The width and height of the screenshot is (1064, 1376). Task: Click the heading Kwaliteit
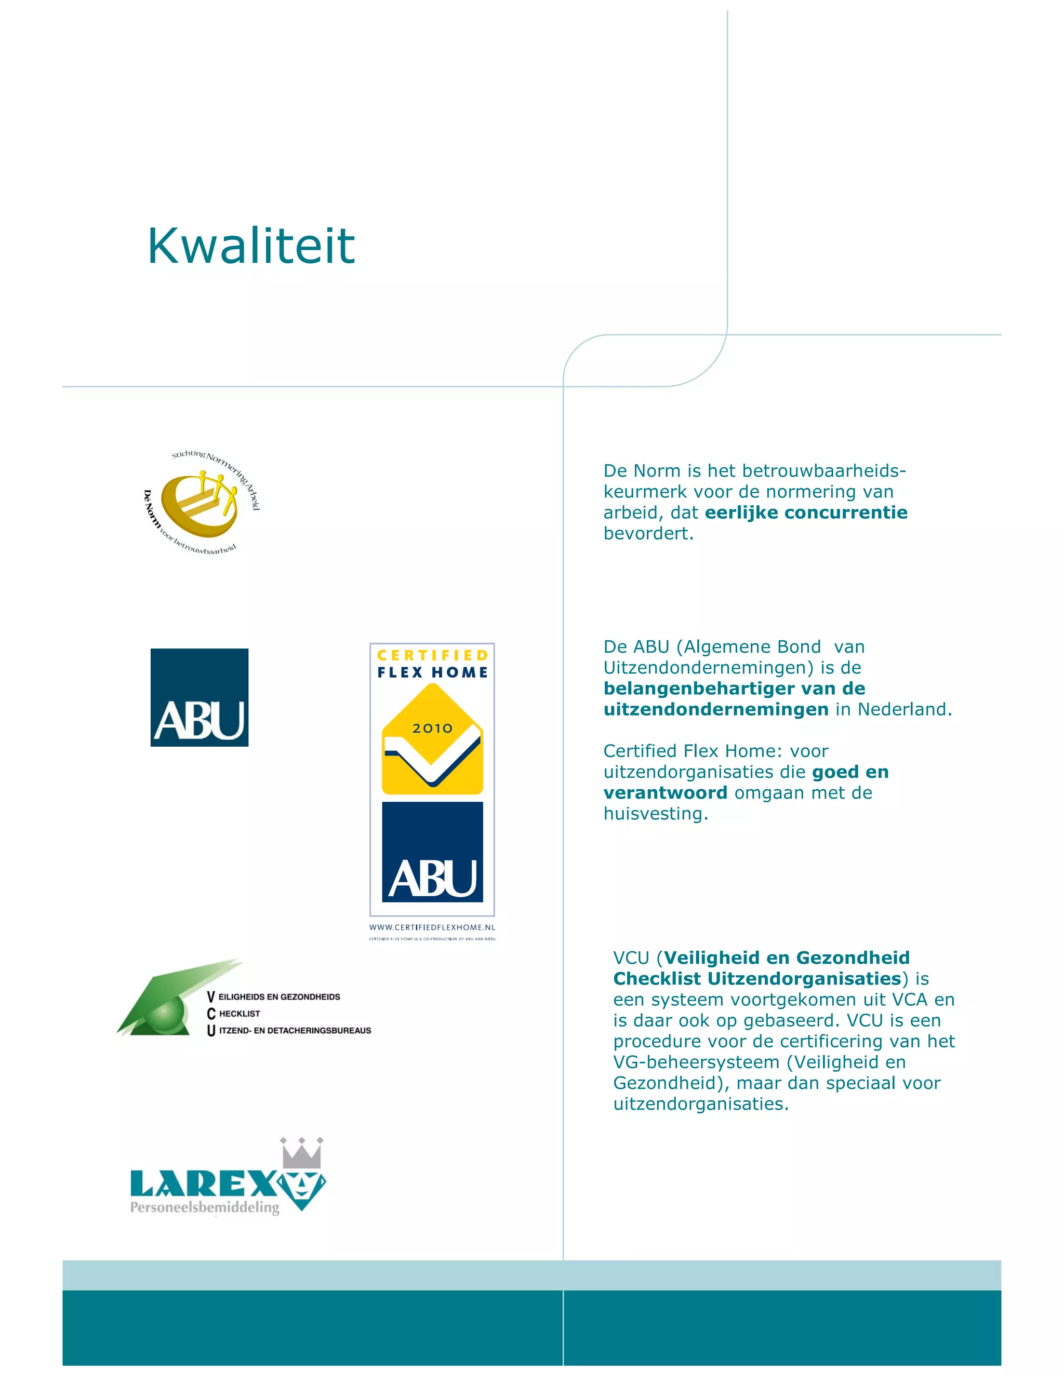(251, 246)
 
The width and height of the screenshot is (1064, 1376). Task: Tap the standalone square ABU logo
(199, 697)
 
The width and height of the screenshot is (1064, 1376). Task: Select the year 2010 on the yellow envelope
(432, 729)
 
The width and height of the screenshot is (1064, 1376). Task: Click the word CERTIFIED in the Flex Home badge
(432, 655)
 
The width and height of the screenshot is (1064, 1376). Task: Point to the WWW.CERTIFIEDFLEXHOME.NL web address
(432, 927)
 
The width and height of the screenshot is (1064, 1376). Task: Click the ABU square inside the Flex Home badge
(432, 852)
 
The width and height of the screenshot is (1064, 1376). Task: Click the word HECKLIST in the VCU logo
(240, 1014)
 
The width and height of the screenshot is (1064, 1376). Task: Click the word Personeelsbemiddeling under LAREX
(205, 1207)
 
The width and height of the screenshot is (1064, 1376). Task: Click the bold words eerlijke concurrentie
(806, 512)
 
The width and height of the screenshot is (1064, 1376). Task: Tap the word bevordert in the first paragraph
(647, 534)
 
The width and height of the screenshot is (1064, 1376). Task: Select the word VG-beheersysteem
(697, 1062)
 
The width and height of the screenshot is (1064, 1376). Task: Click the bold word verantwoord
(665, 793)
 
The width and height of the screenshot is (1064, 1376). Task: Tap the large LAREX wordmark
(203, 1184)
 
